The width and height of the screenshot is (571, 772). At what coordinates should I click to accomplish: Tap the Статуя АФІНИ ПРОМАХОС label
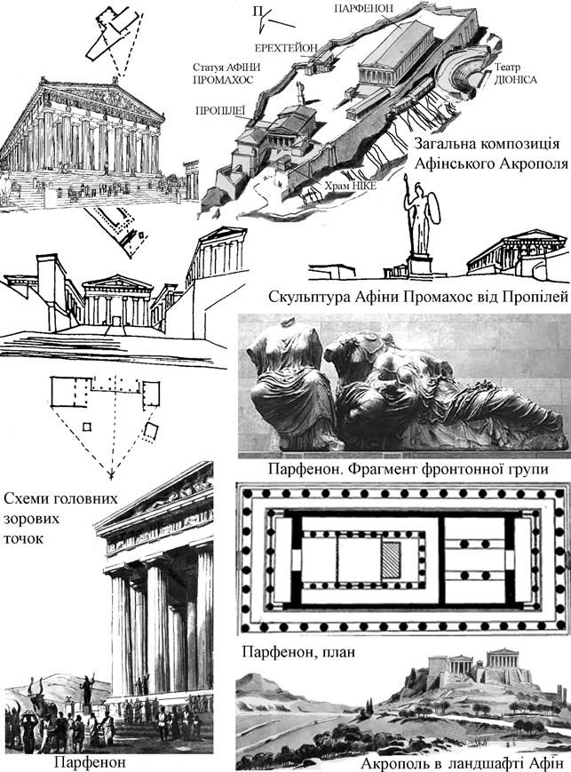(224, 73)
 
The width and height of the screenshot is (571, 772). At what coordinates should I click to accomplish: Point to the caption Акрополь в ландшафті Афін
(463, 762)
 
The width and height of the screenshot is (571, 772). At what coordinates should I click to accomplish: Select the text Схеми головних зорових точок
(52, 516)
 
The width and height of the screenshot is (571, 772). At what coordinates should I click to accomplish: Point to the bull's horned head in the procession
(37, 691)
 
